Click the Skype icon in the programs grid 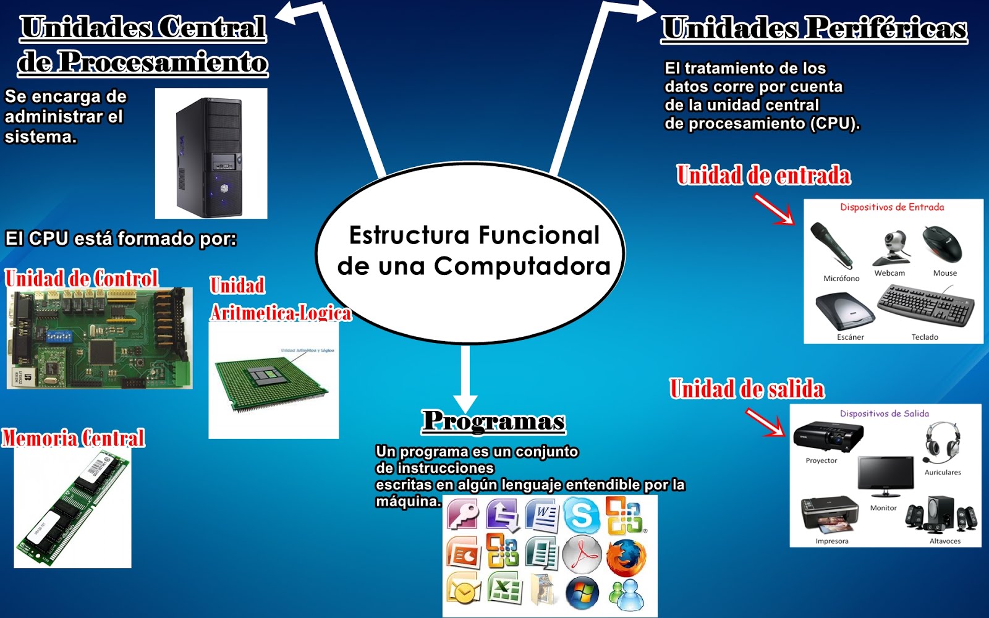581,515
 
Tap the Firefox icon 626,555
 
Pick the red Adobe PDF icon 582,554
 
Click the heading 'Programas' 494,421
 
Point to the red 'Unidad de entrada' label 763,176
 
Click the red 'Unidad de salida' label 747,389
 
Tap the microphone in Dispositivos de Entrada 831,245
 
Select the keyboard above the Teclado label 925,306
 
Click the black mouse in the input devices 942,243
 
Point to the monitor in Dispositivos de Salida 885,476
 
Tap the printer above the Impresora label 830,515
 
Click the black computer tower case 210,155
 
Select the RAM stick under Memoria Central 72,507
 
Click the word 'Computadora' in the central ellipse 522,266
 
